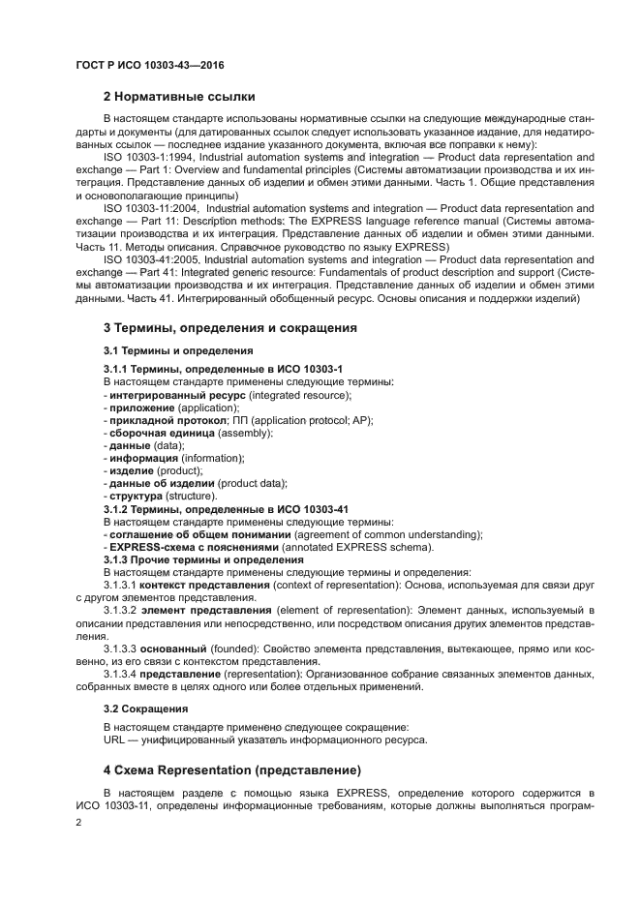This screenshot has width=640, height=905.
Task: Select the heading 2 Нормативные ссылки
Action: point(179,96)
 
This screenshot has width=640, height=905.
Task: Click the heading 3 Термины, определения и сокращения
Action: point(229,328)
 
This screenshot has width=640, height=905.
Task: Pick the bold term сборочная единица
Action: point(155,433)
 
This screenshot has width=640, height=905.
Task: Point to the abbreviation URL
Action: point(114,740)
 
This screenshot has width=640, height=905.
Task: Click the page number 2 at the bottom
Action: point(79,822)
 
